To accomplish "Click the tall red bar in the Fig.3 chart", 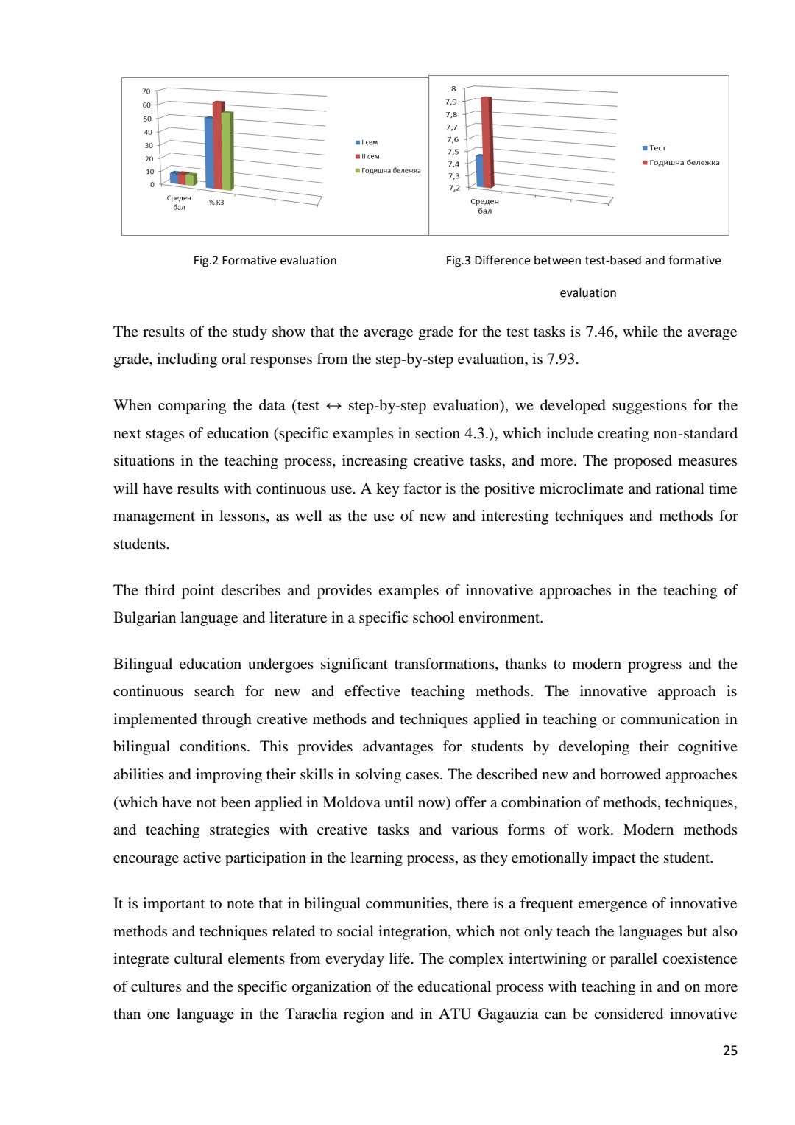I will click(486, 141).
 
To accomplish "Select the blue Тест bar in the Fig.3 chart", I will click(479, 171).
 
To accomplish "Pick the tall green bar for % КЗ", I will click(227, 151).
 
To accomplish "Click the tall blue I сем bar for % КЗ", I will click(209, 153).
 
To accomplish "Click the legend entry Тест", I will click(657, 148).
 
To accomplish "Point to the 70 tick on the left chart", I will click(146, 91).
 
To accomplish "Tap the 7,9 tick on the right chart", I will click(451, 102).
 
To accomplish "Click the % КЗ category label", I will click(216, 203).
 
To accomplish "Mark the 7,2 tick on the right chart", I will click(453, 188).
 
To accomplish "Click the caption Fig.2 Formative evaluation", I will click(265, 260).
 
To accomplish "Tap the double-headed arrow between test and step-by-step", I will click(333, 406).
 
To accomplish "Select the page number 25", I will click(729, 1051).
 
